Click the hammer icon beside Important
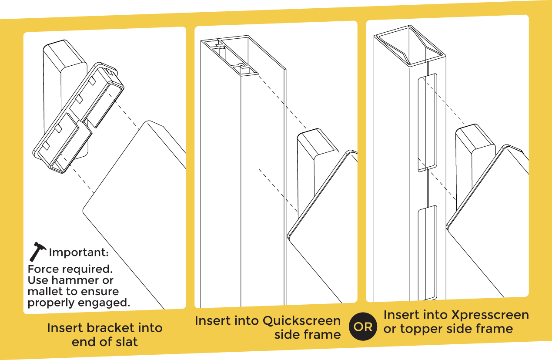pos(38,252)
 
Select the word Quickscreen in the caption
pos(302,321)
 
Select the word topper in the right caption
pos(421,329)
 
